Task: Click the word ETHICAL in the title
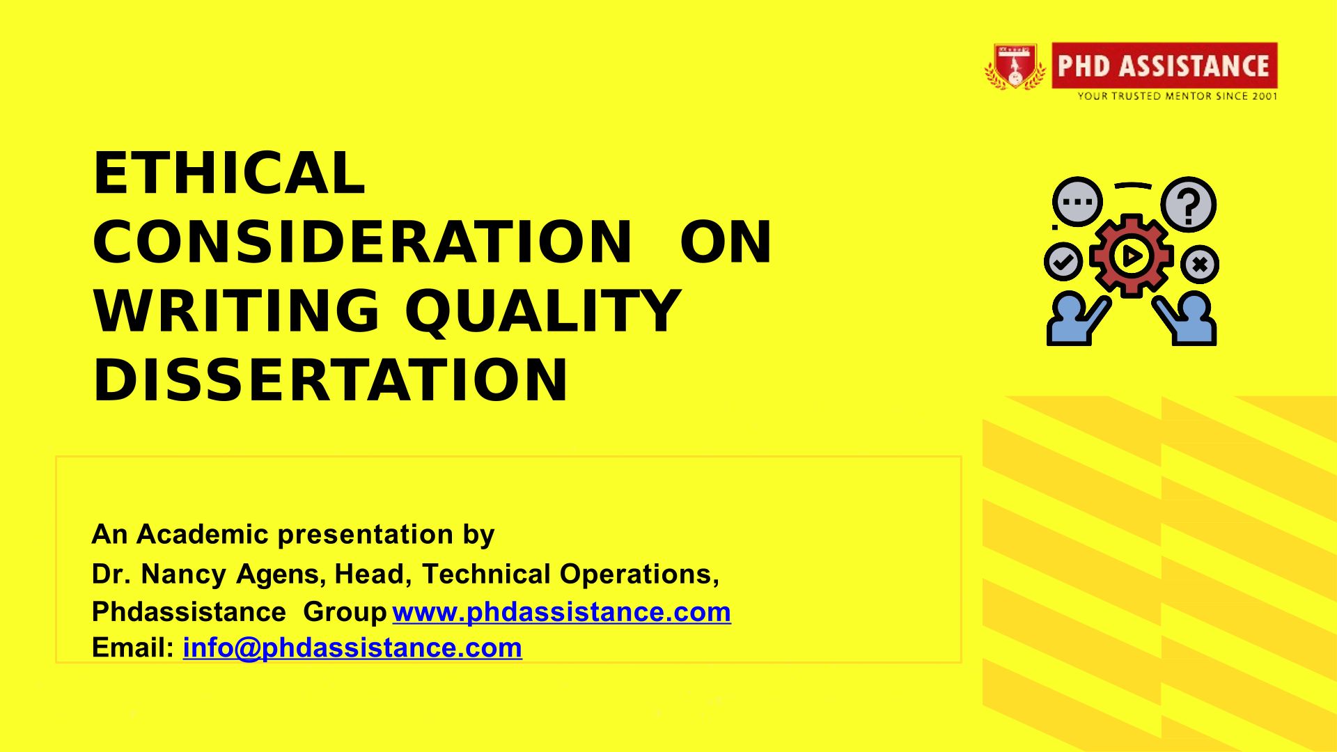pyautogui.click(x=229, y=173)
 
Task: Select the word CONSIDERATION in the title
pyautogui.click(x=363, y=242)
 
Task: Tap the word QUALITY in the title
pyautogui.click(x=542, y=311)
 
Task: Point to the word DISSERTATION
pyautogui.click(x=330, y=380)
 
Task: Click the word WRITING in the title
pyautogui.click(x=237, y=311)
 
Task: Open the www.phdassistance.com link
pyautogui.click(x=561, y=612)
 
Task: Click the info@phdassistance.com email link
pyautogui.click(x=352, y=648)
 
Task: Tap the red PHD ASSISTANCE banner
pyautogui.click(x=1164, y=65)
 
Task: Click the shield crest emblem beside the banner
pyautogui.click(x=1015, y=67)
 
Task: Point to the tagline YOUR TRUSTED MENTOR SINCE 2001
pyautogui.click(x=1178, y=96)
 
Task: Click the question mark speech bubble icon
pyautogui.click(x=1189, y=205)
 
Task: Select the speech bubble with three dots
pyautogui.click(x=1077, y=202)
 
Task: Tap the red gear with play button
pyautogui.click(x=1132, y=256)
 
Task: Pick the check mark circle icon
pyautogui.click(x=1063, y=262)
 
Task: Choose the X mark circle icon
pyautogui.click(x=1200, y=264)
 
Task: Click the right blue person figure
pyautogui.click(x=1185, y=319)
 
